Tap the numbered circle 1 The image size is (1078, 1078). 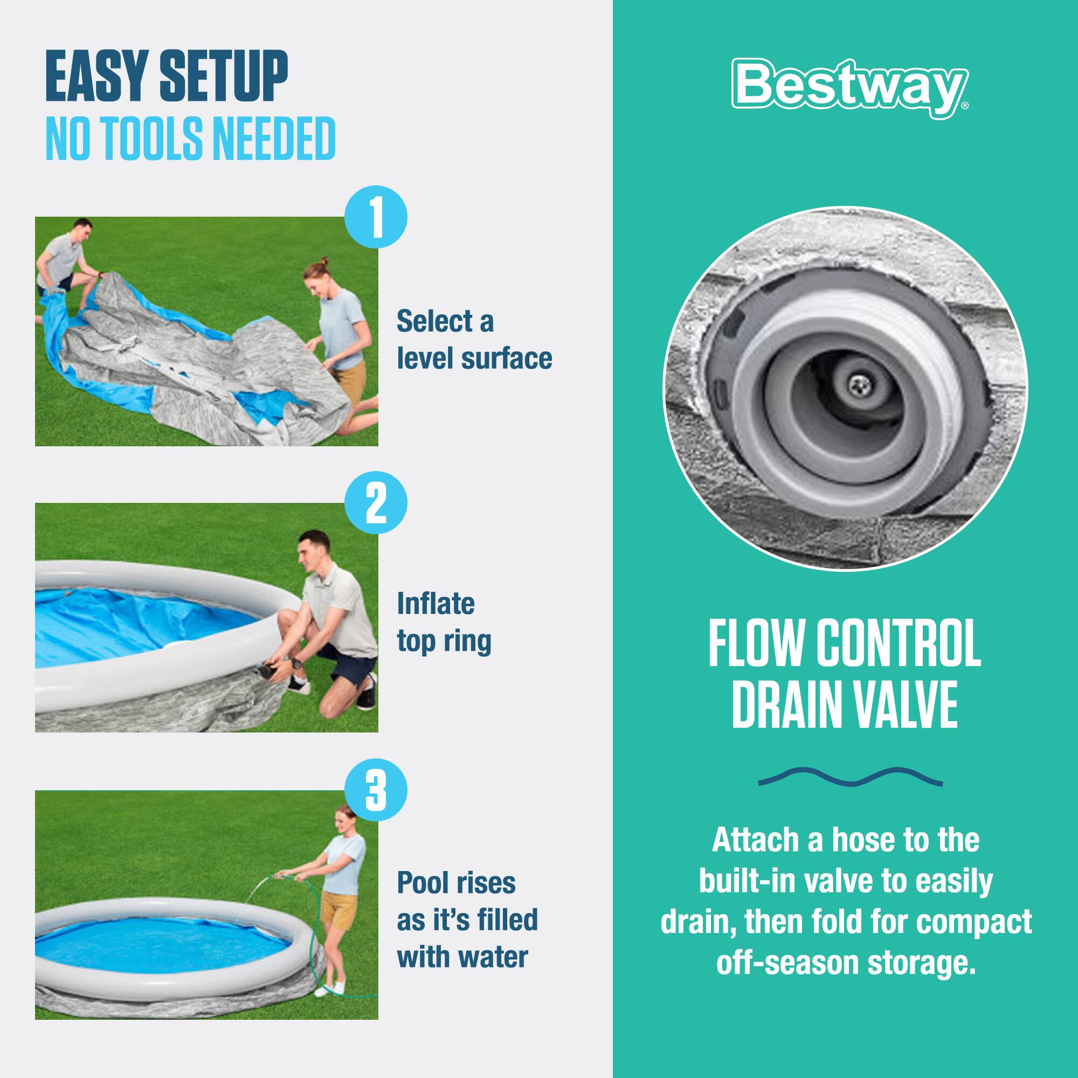[x=376, y=217]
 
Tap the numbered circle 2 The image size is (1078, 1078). [x=376, y=504]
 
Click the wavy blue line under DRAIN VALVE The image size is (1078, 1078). [x=849, y=776]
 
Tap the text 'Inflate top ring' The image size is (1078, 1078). [x=444, y=622]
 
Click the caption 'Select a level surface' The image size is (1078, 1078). [x=473, y=339]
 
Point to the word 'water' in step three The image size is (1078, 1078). [x=494, y=957]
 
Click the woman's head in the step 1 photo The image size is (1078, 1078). [x=316, y=273]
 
